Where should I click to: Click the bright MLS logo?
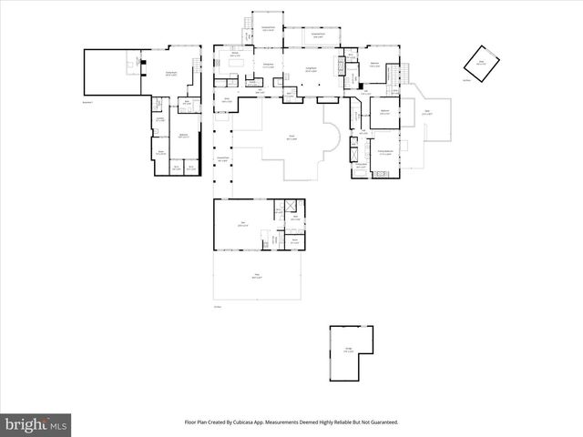(36, 424)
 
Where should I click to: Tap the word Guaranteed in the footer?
(378, 422)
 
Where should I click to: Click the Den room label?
(242, 224)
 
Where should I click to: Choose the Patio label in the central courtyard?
(291, 138)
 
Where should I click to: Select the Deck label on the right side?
(427, 113)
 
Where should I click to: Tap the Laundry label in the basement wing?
(159, 118)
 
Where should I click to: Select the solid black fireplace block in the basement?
(141, 63)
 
